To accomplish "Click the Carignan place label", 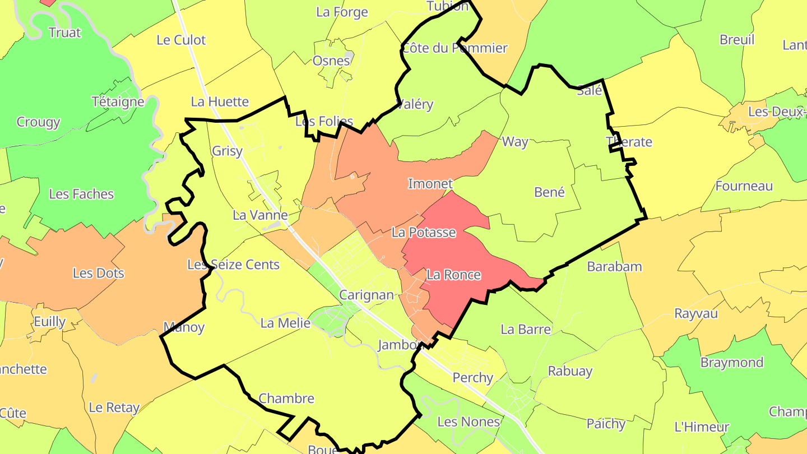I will [367, 295].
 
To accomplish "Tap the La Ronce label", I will [453, 275].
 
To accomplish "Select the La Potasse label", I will [424, 232].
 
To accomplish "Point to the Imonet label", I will [430, 184].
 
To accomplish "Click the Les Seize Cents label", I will [233, 265].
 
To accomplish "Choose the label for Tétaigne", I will [118, 102].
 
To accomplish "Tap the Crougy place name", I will [38, 122].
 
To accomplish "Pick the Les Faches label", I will [81, 194].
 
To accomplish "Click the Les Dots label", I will [99, 274].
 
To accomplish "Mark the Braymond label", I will [732, 363].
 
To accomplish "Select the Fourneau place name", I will [744, 186].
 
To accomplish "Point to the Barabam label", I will [614, 266].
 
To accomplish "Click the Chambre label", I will [286, 399].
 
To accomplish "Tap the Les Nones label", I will [469, 421].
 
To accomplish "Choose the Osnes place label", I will [331, 61].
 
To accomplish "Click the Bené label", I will [549, 192].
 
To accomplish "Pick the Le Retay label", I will [114, 407].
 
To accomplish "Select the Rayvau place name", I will [695, 313].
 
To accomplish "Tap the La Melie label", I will [285, 323].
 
